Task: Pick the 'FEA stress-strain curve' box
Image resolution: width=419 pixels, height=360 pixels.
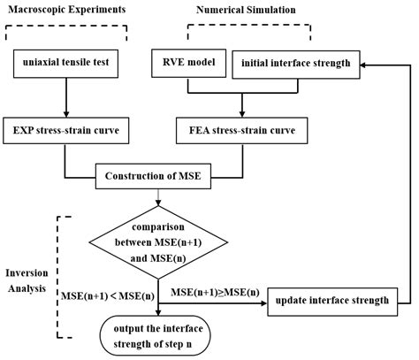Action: pos(242,131)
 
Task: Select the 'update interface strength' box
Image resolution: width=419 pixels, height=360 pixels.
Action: pos(331,301)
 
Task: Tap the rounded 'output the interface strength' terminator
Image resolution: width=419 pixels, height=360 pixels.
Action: pos(158,334)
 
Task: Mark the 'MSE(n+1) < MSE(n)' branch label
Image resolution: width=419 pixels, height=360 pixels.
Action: pos(105,293)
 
